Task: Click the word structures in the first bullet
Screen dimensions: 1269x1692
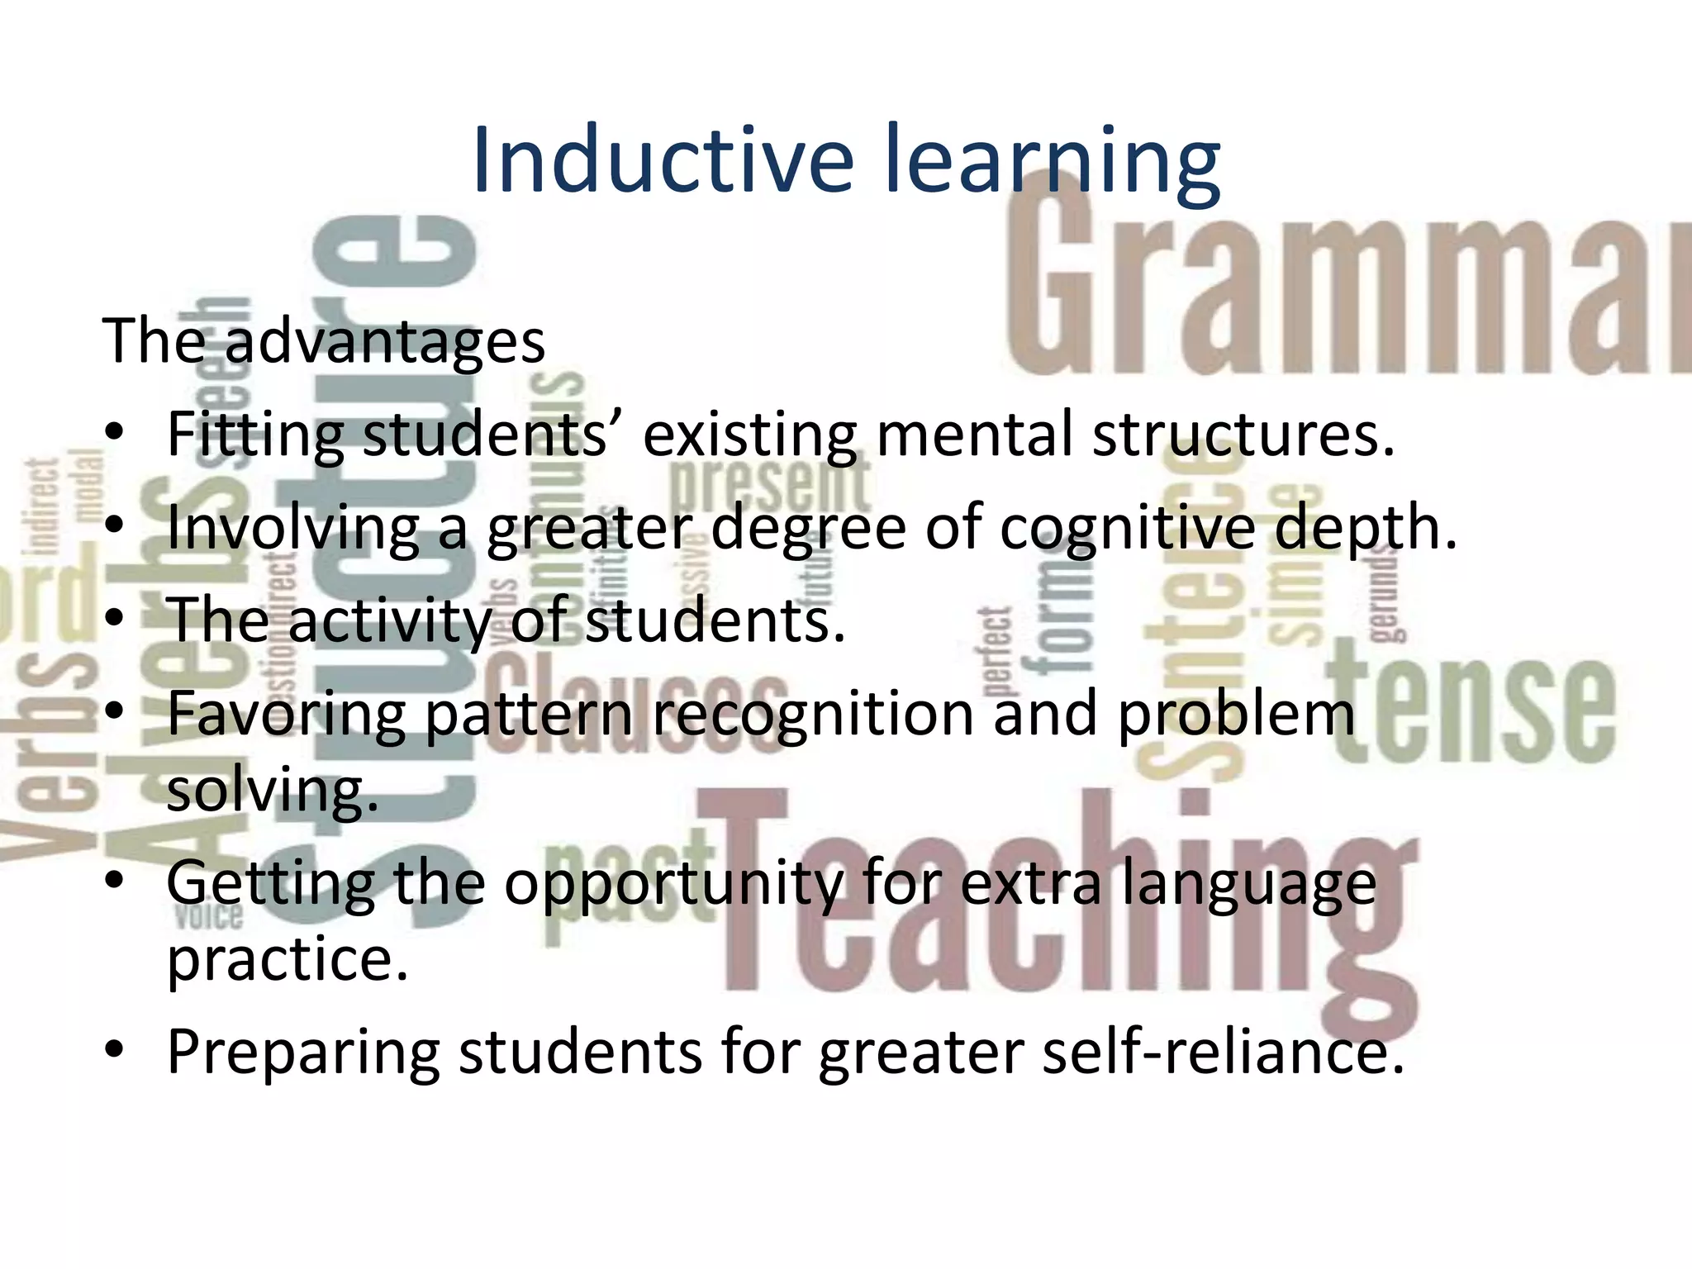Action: pos(1243,435)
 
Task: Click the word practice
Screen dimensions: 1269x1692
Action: pos(288,960)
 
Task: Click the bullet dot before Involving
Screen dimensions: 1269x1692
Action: pos(115,526)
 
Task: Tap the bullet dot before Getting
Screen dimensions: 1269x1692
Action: pos(115,882)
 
